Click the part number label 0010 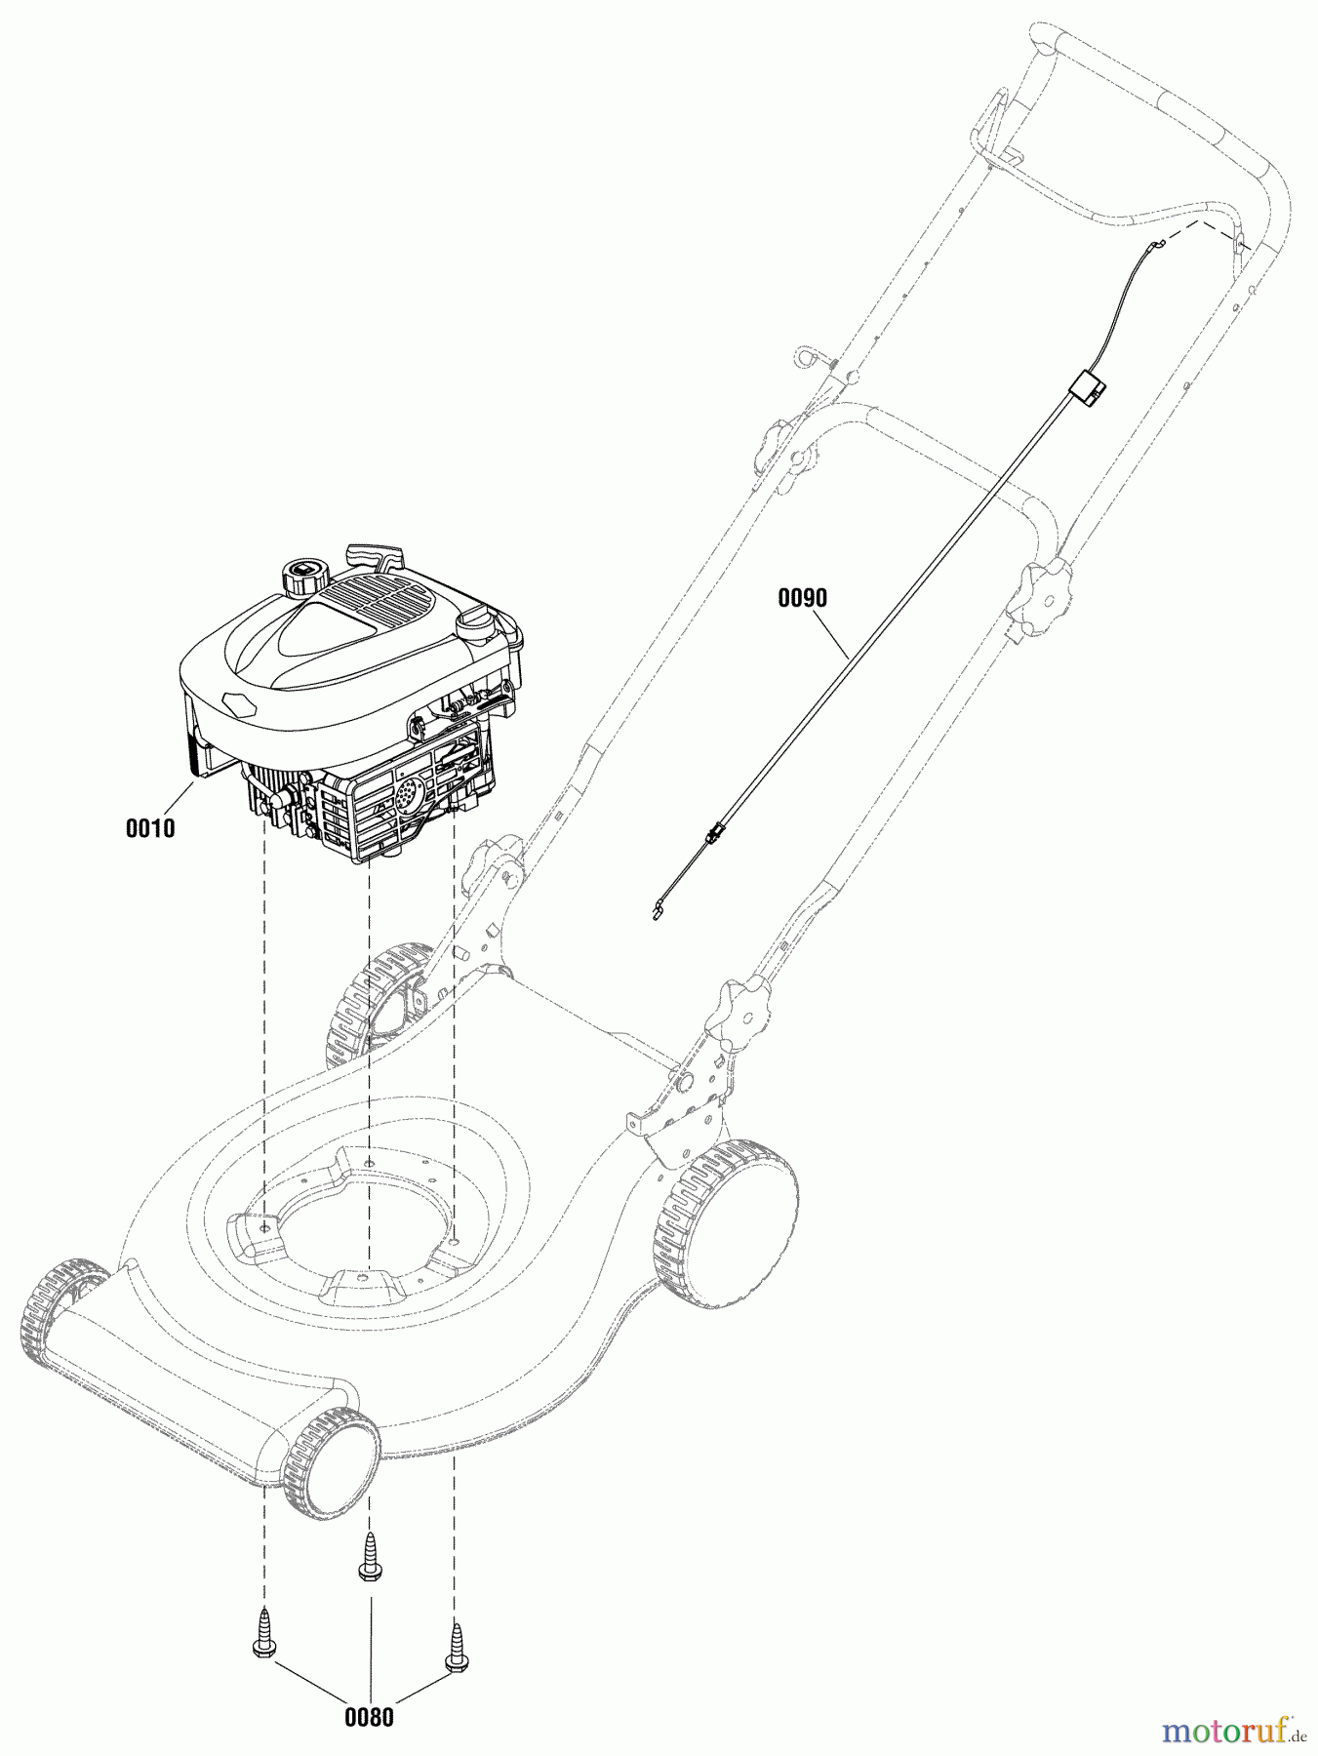pyautogui.click(x=150, y=828)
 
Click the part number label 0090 pyautogui.click(x=802, y=598)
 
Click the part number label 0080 pyautogui.click(x=369, y=1717)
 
